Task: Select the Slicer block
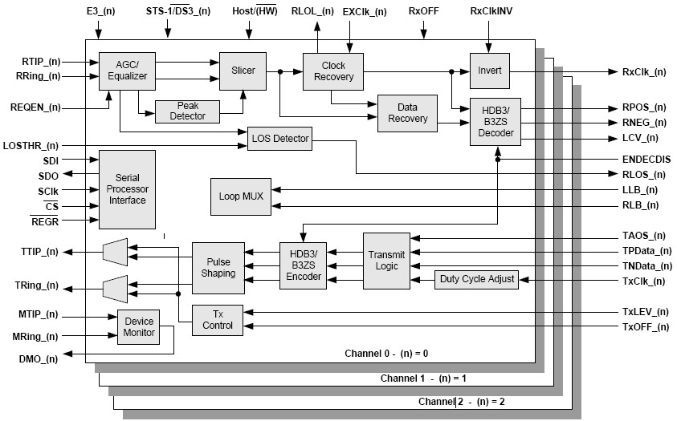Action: pos(243,71)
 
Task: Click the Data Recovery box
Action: pos(407,113)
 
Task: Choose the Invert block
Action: pos(489,71)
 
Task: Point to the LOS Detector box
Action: pos(279,139)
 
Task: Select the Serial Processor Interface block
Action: pos(127,188)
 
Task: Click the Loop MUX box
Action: pos(240,196)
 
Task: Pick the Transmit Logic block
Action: pos(386,261)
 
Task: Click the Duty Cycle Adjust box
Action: pos(476,279)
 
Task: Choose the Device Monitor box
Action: pos(139,327)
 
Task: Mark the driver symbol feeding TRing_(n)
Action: pos(116,285)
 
